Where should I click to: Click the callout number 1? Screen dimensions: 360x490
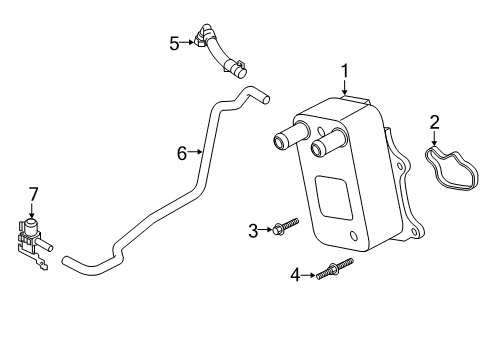pyautogui.click(x=344, y=71)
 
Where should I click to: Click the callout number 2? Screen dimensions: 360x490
pyautogui.click(x=435, y=123)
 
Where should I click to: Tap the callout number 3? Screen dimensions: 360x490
pyautogui.click(x=253, y=231)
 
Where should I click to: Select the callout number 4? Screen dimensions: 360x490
pyautogui.click(x=295, y=273)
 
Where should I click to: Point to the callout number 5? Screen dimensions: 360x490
pyautogui.click(x=174, y=42)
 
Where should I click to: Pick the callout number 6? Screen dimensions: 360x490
pyautogui.click(x=183, y=152)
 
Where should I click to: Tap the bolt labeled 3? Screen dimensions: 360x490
pyautogui.click(x=282, y=230)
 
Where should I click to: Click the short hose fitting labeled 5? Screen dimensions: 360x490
pyautogui.click(x=221, y=55)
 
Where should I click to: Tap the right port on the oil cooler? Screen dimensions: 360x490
pyautogui.click(x=322, y=150)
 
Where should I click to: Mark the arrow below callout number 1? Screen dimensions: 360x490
pyautogui.click(x=344, y=87)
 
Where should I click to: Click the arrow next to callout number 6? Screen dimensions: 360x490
pyautogui.click(x=199, y=152)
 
